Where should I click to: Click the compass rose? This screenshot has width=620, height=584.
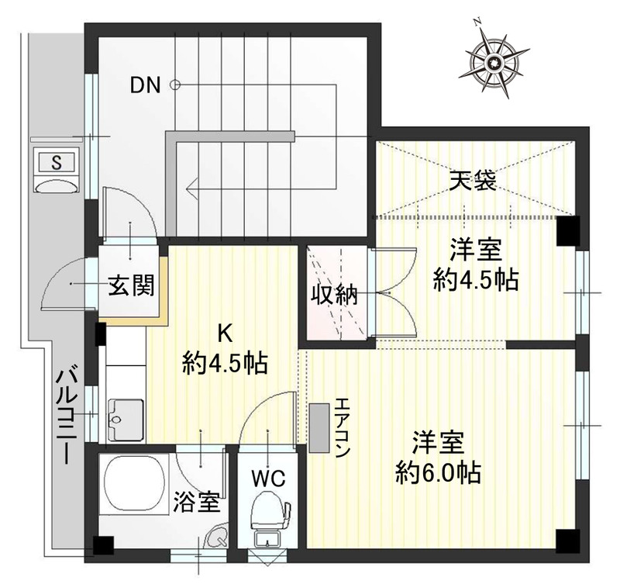pos(494,62)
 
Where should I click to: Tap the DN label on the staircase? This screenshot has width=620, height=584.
pos(146,85)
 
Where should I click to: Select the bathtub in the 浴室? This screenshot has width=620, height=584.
pos(134,484)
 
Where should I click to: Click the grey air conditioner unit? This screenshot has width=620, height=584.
pos(319,427)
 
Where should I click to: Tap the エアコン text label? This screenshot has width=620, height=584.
pos(342,427)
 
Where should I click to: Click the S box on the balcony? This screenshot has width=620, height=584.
pos(57,162)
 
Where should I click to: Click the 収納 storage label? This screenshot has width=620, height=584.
pos(334,295)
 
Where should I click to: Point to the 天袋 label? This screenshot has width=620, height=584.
pos(474,180)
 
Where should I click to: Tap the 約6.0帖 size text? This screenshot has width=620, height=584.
pos(439,472)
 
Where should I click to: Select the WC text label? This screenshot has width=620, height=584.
pos(269,479)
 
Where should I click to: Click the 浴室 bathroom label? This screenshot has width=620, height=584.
pos(197,502)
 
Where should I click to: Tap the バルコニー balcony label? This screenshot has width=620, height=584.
pos(65,416)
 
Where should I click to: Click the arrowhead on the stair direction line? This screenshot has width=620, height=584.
pos(192,188)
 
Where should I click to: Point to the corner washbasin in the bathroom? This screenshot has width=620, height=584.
pos(218,536)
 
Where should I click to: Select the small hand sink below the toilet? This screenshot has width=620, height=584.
pos(268,538)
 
